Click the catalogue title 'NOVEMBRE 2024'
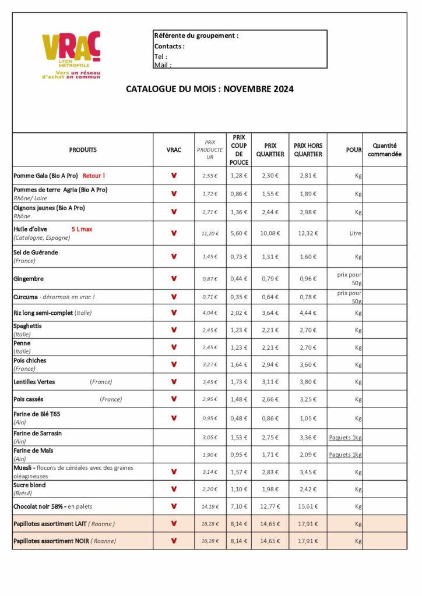[x=258, y=89]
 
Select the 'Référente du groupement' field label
[x=196, y=36]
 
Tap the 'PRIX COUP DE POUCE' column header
[x=239, y=150]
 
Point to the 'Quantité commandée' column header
[x=385, y=150]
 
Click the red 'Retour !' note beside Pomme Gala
[x=94, y=175]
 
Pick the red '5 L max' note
[x=82, y=229]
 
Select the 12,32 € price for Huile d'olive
[x=307, y=233]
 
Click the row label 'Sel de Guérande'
[x=36, y=253]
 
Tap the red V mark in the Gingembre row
[x=174, y=279]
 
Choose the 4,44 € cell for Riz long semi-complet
[x=307, y=313]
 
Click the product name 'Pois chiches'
[x=30, y=360]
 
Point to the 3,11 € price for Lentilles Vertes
[x=270, y=382]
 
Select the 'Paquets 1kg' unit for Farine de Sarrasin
[x=345, y=438]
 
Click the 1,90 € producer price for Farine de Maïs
[x=210, y=455]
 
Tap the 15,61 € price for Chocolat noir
[x=307, y=506]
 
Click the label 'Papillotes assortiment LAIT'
[x=50, y=523]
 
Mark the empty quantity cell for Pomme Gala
[x=385, y=175]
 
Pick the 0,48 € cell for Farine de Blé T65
[x=239, y=418]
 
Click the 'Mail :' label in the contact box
[x=163, y=65]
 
